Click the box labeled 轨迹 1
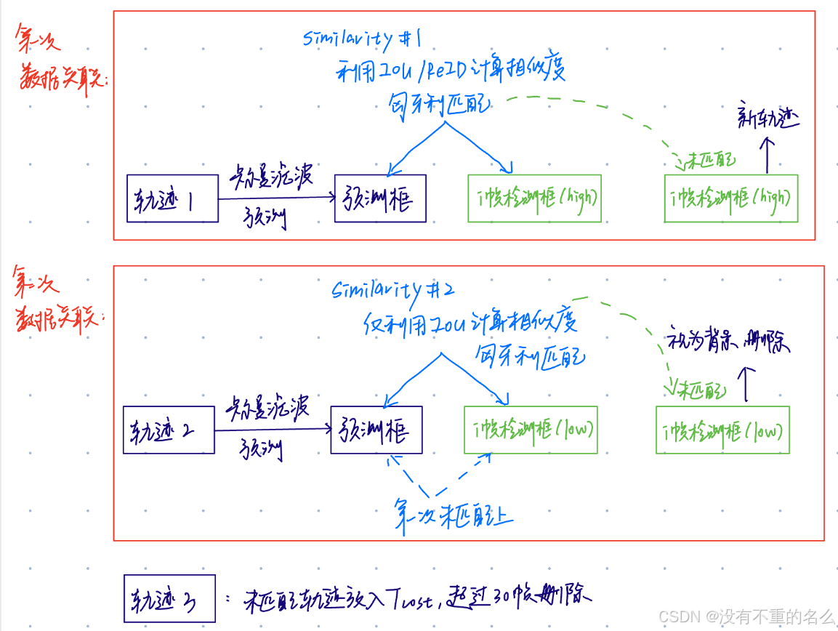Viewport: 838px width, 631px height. coord(172,198)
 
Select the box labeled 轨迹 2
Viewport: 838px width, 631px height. coord(169,430)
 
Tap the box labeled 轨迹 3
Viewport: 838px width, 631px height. coord(169,598)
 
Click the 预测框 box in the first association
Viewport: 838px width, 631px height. coord(379,198)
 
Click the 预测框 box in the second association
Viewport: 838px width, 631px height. coord(376,430)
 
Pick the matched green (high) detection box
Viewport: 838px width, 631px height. coord(534,198)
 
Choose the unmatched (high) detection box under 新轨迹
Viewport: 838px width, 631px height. coord(730,198)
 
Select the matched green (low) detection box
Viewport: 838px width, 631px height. coord(531,430)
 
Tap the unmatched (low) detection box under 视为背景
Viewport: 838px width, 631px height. coord(722,430)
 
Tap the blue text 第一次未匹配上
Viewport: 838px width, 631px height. coord(454,515)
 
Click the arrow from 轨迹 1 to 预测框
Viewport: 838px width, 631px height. coord(276,198)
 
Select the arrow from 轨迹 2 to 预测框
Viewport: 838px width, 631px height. coord(273,430)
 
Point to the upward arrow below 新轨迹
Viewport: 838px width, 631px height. coord(766,155)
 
